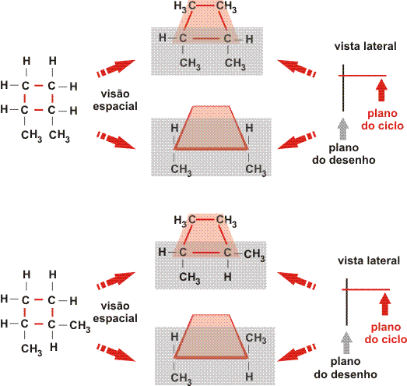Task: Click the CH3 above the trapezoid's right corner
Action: point(256,338)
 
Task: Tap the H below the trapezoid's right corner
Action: point(249,376)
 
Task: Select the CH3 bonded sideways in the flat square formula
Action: point(80,326)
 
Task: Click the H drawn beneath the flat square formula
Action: point(54,347)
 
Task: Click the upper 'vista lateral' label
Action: point(365,46)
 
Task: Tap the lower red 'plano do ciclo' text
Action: point(385,333)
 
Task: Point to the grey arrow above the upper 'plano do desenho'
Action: point(343,129)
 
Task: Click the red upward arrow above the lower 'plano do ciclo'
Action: point(385,303)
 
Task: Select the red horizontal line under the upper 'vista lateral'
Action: point(363,76)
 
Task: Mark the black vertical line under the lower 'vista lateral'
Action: point(347,302)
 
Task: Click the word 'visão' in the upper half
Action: point(115,94)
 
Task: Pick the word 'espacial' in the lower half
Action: point(115,319)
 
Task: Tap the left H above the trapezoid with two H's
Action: point(174,128)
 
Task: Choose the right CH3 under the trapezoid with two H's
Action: point(256,169)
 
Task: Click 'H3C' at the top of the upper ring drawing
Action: point(184,6)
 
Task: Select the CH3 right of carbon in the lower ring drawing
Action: point(254,254)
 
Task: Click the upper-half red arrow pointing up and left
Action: point(296,69)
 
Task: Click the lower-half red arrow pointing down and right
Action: point(116,352)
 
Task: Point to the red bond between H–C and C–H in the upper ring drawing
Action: point(205,39)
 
